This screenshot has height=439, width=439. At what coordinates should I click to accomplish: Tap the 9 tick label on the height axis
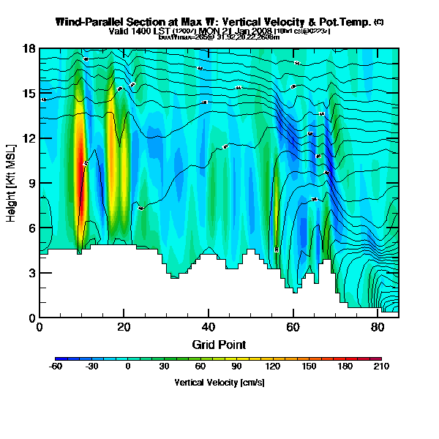coord(32,184)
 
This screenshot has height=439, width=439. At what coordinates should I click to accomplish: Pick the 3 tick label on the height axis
coord(32,273)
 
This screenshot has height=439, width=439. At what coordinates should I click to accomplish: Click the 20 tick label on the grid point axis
coord(124,327)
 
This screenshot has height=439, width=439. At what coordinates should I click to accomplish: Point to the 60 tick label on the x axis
coord(293,327)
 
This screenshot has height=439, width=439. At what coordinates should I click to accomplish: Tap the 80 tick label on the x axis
coord(378,327)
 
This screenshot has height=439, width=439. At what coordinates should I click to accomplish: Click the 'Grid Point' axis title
coord(219,344)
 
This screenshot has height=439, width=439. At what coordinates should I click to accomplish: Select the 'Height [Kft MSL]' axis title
coord(12,183)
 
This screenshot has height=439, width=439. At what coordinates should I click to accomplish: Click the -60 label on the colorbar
coord(56,367)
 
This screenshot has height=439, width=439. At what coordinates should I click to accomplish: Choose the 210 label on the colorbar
coord(378,367)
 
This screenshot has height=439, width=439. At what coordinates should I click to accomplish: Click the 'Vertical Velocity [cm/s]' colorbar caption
coord(219,382)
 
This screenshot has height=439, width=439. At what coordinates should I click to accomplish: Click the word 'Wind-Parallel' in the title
coord(86,23)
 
